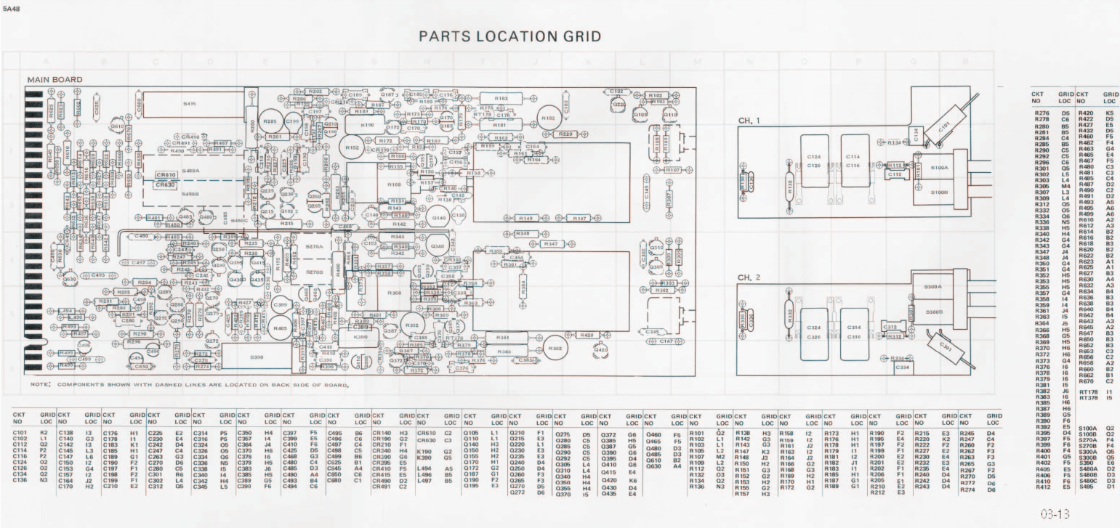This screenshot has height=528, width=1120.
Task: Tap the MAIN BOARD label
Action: tap(55, 79)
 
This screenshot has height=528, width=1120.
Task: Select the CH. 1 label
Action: tap(749, 120)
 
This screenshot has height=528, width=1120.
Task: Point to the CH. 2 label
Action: tap(749, 277)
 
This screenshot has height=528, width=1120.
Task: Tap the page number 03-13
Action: tap(1055, 513)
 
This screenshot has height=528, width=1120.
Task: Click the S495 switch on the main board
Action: tap(190, 104)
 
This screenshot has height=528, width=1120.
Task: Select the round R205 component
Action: tap(270, 121)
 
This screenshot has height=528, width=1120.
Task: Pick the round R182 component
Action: tap(548, 118)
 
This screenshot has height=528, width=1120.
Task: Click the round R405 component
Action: tap(279, 328)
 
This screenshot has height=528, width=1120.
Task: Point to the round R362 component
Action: tap(555, 348)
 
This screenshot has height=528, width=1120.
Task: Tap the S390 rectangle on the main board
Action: tap(257, 357)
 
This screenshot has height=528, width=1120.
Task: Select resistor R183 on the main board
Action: tap(501, 97)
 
